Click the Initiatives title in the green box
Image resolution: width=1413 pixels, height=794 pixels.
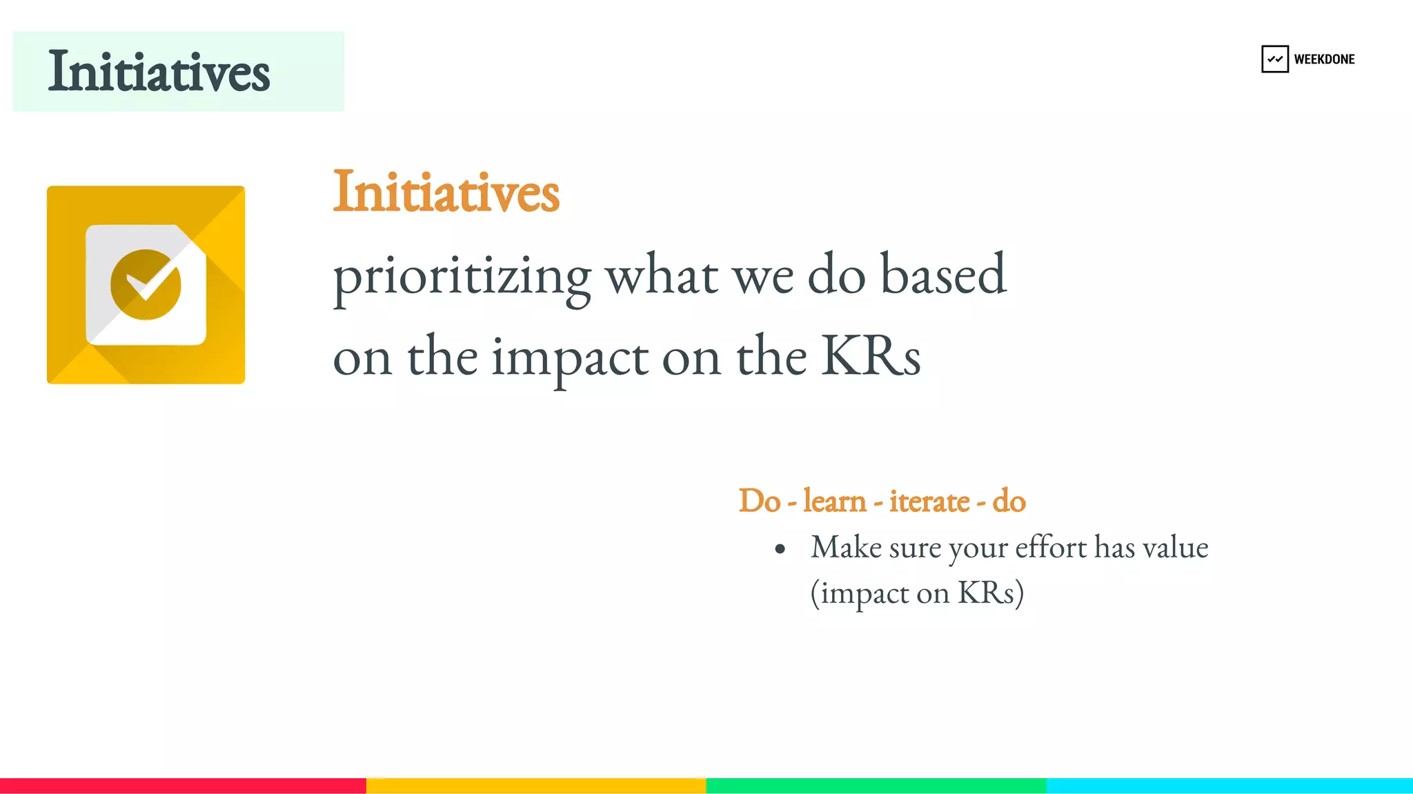159,72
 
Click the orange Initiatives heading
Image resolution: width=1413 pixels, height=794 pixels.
446,192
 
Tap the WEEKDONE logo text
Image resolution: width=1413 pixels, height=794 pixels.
1324,59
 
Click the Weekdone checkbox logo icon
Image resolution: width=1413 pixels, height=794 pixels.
1274,59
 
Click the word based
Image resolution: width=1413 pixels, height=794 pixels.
943,275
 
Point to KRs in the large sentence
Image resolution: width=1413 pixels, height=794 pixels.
871,357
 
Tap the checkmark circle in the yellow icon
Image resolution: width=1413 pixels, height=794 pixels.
146,284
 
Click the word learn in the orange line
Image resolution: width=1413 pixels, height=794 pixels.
834,501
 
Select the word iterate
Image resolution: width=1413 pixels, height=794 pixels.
929,501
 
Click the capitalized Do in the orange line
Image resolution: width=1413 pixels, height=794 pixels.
759,501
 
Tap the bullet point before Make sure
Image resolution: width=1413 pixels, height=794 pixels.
780,549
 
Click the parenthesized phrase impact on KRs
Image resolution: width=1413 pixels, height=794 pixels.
917,593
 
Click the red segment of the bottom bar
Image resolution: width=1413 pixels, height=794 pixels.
183,785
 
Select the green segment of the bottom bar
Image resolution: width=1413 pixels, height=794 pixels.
876,785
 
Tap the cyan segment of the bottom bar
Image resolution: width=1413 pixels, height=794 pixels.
1229,785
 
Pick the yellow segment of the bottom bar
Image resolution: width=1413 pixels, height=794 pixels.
536,785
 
